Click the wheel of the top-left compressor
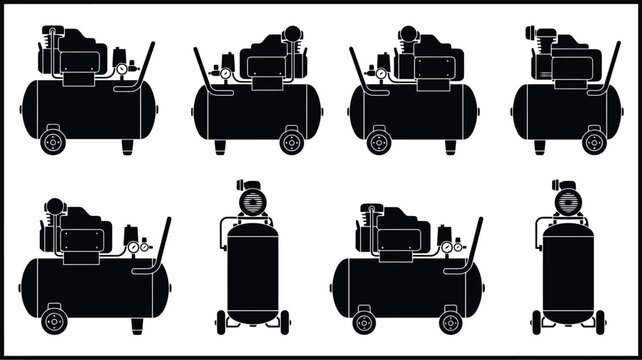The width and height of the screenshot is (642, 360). tap(52, 141)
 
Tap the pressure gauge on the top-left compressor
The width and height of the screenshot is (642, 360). tap(121, 70)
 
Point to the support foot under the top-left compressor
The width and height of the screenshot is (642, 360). tap(127, 146)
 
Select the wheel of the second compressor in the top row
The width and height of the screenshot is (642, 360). tap(291, 141)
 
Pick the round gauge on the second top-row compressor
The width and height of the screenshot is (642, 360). tap(226, 73)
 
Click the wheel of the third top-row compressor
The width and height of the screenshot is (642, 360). tap(379, 141)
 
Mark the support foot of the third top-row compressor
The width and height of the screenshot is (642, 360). tap(450, 146)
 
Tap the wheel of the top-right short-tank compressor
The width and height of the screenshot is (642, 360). tap(594, 141)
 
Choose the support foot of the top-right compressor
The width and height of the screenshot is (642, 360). tap(540, 146)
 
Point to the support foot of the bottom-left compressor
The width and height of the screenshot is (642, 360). tap(137, 325)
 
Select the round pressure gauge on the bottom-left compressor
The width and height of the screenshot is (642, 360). tap(132, 247)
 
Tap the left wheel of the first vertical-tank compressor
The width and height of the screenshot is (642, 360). tap(221, 322)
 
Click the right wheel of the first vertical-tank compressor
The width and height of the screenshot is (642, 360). tap(284, 322)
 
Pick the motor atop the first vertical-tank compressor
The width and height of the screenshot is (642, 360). tap(250, 200)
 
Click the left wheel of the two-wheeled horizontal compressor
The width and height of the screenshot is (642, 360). tap(364, 321)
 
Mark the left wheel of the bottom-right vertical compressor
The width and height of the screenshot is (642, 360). tap(537, 322)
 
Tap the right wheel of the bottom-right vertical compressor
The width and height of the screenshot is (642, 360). tap(600, 322)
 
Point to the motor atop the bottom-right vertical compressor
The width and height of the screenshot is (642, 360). tap(568, 200)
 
